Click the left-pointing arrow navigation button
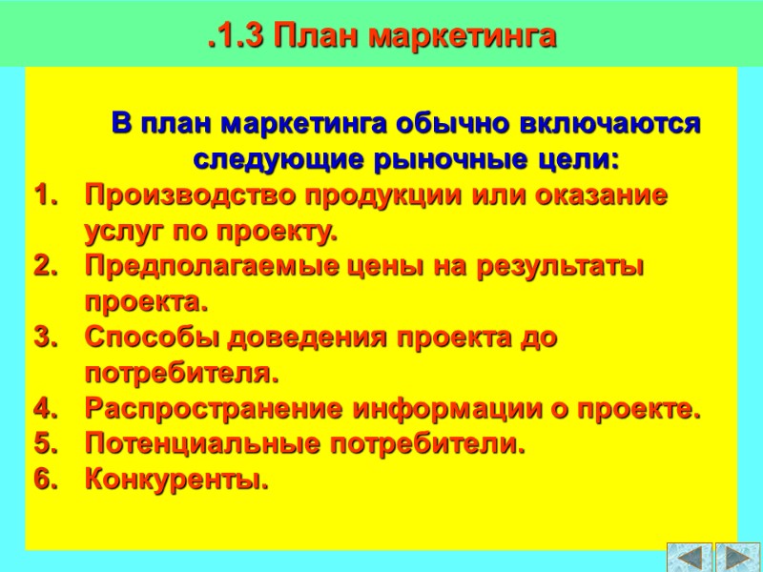tap(690, 557)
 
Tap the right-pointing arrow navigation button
tap(737, 557)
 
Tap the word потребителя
tap(181, 373)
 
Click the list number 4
tap(44, 410)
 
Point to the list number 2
tap(44, 267)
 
